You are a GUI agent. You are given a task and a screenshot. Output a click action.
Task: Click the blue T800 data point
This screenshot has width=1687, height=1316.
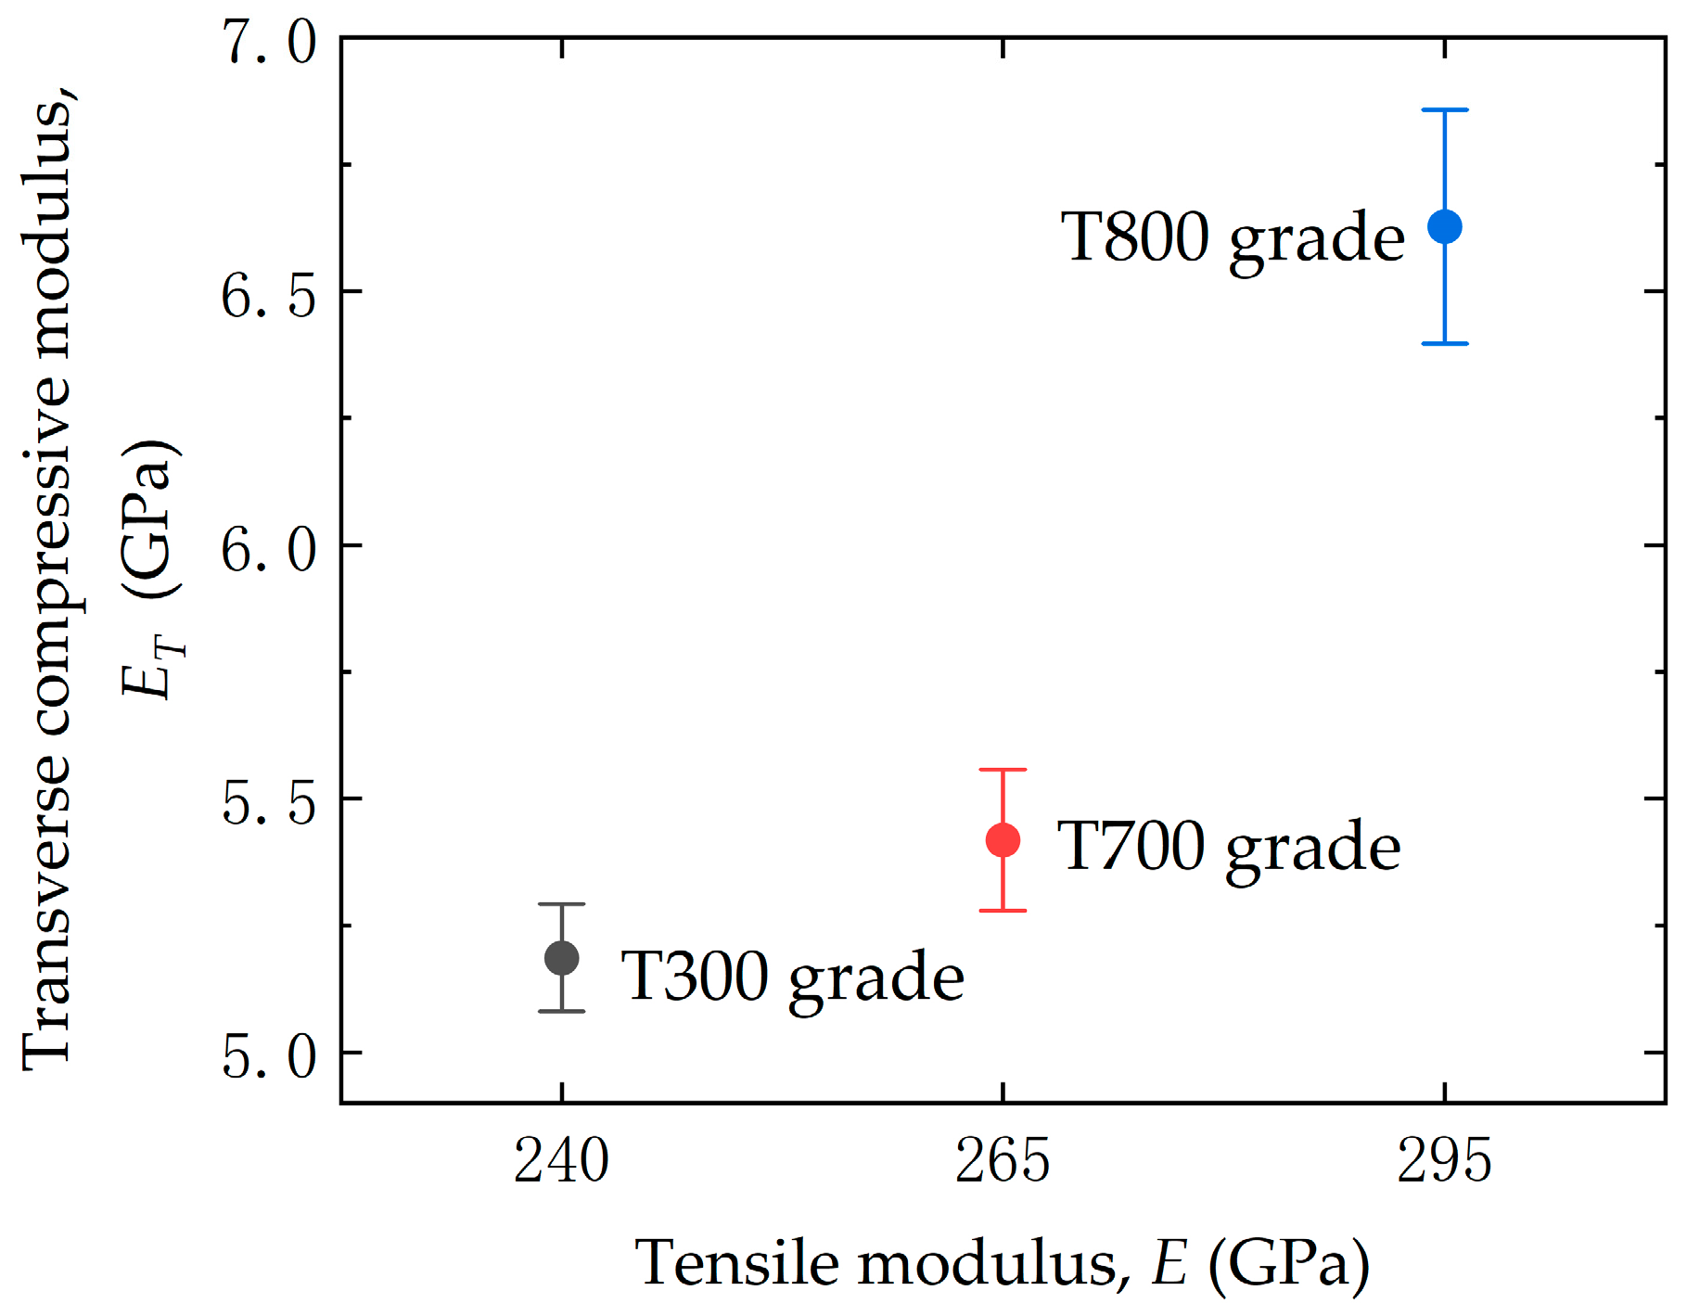(1444, 226)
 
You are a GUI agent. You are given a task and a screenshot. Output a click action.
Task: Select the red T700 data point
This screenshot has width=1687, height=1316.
(1003, 840)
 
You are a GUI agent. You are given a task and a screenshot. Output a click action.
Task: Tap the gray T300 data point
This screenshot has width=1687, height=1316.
(562, 957)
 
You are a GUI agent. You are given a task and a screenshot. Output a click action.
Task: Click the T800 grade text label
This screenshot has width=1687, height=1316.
(1233, 238)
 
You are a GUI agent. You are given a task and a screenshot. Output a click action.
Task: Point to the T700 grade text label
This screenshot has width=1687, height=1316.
(1228, 848)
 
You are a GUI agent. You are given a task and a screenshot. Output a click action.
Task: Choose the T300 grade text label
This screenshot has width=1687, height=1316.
(792, 977)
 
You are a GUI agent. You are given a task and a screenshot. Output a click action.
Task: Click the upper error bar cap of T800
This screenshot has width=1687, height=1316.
(1444, 110)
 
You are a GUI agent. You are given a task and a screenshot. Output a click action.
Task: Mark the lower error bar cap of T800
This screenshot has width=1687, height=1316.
(1444, 343)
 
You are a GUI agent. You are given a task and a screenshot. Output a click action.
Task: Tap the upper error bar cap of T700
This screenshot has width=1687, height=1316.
(1003, 770)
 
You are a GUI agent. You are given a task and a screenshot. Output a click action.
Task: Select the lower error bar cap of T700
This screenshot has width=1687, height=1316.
(1003, 911)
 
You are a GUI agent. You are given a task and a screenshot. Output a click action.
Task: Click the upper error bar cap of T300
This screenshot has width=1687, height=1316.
(562, 903)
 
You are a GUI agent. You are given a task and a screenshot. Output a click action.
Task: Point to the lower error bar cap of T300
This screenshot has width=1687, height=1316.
(562, 1011)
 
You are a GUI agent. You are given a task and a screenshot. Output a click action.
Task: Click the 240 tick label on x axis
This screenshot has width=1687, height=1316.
(561, 1161)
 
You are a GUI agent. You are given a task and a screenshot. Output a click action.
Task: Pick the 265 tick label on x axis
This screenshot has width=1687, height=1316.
(1003, 1161)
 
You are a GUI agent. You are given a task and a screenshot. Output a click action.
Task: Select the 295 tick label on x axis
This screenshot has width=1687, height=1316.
(1444, 1161)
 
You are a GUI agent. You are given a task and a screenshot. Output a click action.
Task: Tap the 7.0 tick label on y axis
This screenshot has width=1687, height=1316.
(269, 43)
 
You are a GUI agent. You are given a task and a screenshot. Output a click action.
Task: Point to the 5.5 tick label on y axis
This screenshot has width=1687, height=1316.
(269, 803)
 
